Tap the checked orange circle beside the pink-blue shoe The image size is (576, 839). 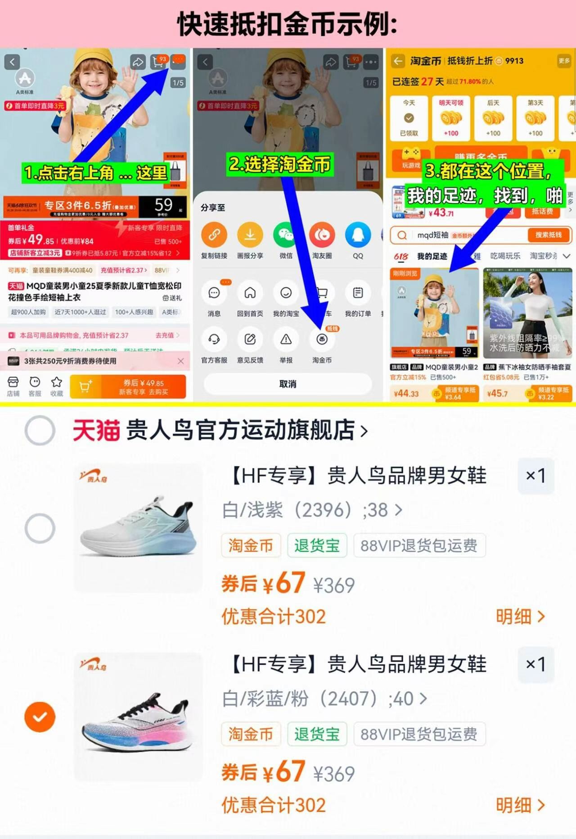(x=40, y=717)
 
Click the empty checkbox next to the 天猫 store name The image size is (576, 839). (x=40, y=430)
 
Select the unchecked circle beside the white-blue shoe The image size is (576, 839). (x=40, y=528)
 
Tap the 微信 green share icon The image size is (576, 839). (x=286, y=235)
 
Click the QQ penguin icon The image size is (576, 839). (x=358, y=235)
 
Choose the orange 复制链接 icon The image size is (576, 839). (x=214, y=235)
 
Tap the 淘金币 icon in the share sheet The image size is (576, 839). (x=322, y=340)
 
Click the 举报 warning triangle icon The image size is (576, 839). (x=286, y=340)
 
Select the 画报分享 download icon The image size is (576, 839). (x=250, y=235)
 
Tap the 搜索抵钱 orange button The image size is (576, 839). (x=548, y=235)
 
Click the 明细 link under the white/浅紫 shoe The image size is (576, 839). (x=520, y=617)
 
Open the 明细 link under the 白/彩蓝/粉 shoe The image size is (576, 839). (x=520, y=805)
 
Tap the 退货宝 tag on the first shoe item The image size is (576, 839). (x=317, y=545)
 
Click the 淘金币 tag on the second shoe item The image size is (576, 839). (x=251, y=734)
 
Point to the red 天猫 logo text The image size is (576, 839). (x=96, y=430)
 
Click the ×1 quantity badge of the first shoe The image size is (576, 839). (x=535, y=476)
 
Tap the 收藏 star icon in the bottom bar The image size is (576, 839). (x=57, y=383)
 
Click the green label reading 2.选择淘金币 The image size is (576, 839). (x=280, y=164)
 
